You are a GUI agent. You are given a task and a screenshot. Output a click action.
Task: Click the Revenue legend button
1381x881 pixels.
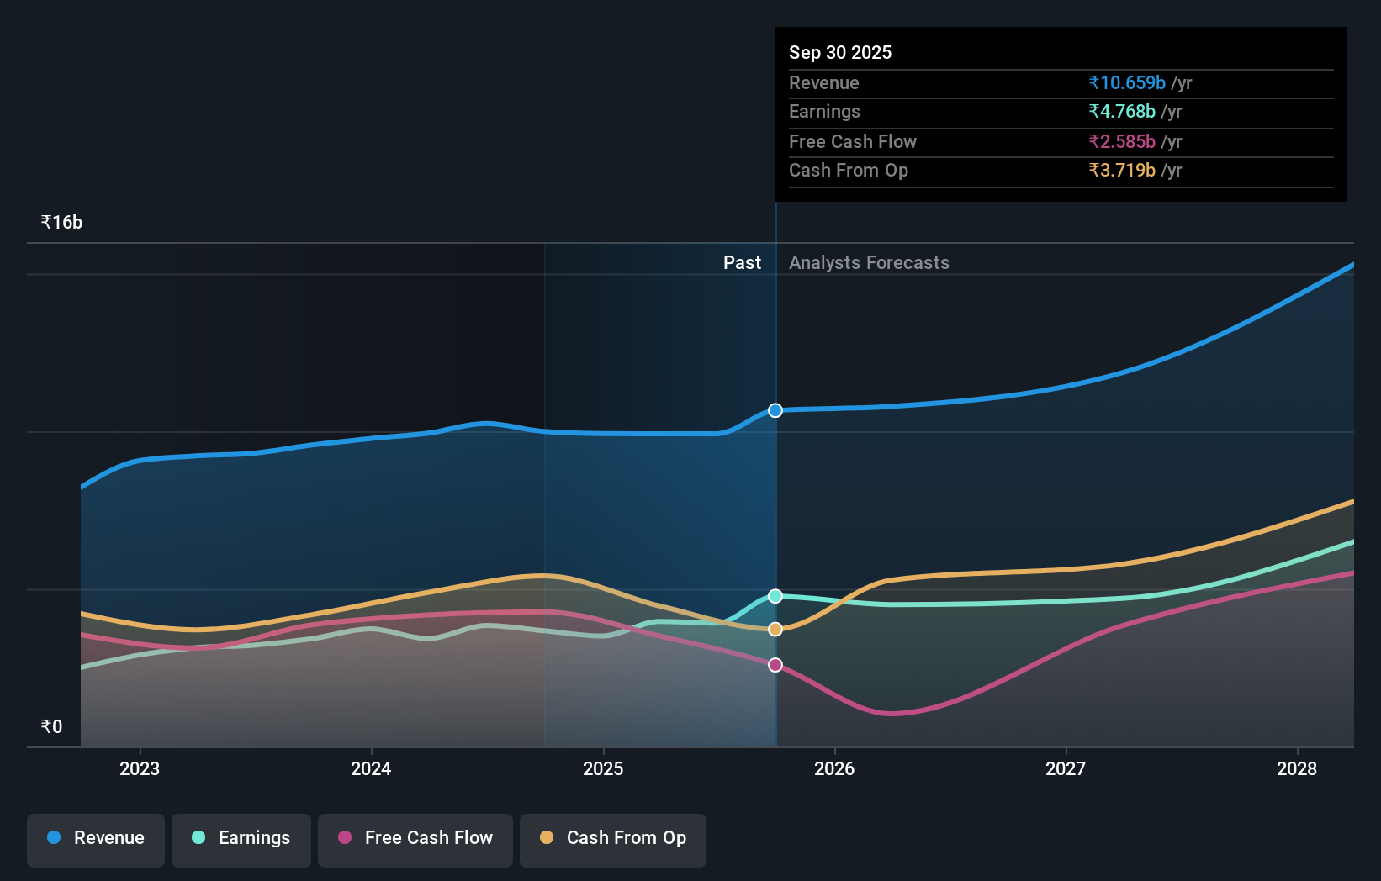96,839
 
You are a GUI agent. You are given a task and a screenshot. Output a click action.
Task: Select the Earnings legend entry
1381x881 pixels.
241,839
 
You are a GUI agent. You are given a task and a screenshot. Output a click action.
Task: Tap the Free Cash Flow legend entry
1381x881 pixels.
415,839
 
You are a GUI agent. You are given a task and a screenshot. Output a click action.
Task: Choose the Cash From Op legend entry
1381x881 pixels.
613,839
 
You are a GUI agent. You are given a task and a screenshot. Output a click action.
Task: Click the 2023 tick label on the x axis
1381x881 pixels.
140,769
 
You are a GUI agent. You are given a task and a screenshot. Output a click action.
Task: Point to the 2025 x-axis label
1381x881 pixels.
603,769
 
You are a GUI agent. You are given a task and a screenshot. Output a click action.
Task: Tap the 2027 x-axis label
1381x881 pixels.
1066,769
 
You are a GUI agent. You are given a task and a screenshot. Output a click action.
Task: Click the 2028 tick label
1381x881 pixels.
1297,769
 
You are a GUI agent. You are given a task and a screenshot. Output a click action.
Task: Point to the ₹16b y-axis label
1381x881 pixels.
62,223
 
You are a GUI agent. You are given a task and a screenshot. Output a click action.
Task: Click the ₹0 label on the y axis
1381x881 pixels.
52,727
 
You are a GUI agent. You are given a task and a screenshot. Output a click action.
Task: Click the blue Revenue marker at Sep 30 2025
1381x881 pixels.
775,410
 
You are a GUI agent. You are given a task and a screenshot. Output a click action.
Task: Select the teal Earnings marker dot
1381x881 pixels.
775,596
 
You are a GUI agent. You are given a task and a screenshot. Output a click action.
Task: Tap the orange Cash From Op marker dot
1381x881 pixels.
775,630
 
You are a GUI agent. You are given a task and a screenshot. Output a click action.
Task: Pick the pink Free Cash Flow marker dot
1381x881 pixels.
775,665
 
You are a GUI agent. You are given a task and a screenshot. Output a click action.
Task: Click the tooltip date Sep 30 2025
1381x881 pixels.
840,53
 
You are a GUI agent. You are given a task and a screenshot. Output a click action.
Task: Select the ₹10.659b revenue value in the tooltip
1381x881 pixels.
1127,83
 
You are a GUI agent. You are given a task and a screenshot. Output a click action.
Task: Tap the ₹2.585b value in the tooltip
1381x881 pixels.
1122,142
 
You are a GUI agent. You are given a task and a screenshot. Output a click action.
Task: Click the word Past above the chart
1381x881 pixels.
742,263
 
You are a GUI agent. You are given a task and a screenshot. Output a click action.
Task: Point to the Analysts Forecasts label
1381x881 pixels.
869,263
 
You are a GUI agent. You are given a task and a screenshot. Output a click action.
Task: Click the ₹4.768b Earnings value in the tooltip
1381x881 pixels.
1122,112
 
